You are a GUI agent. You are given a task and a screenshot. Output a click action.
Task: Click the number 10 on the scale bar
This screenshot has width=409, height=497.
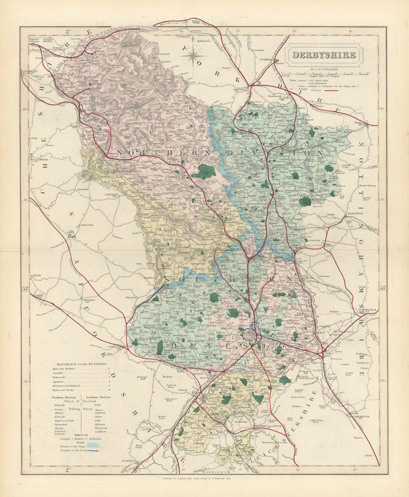pyautogui.click(x=368, y=73)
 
